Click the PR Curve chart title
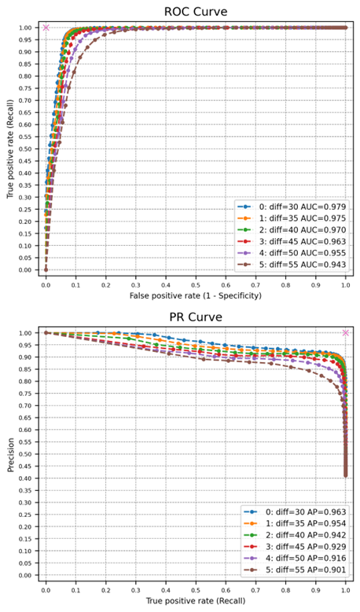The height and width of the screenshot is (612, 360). (196, 317)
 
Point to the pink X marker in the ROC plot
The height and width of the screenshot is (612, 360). (46, 27)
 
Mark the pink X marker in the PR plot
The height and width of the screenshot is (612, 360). (345, 333)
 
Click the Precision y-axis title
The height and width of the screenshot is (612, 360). (9, 454)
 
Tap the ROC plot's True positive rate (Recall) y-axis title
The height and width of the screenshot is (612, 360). (9, 149)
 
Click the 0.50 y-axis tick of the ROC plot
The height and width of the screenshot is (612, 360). (26, 148)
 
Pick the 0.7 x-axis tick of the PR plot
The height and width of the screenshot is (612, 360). (255, 586)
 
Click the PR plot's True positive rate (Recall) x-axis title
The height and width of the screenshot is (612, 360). (196, 599)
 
